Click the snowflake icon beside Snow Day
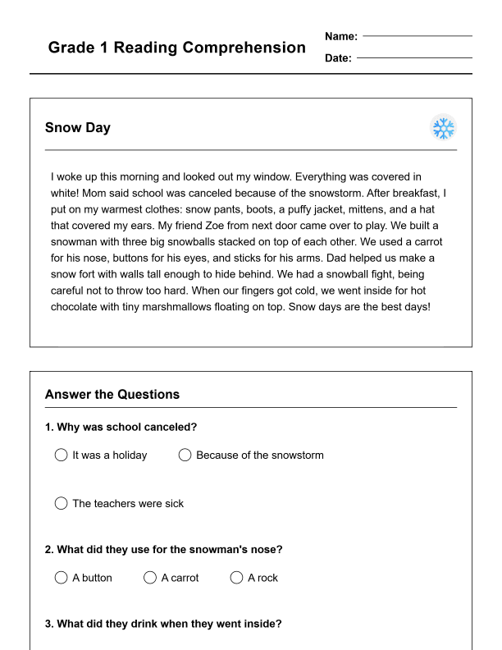(x=443, y=128)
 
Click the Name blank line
(x=418, y=36)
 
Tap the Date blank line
(x=414, y=58)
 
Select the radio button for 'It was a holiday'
(x=61, y=455)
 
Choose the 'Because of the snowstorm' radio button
(x=185, y=455)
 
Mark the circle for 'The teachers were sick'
(x=61, y=503)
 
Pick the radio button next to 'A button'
(x=61, y=578)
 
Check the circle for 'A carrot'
(x=150, y=578)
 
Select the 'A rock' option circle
(x=237, y=578)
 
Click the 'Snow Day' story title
(x=78, y=128)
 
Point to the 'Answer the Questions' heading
(x=112, y=395)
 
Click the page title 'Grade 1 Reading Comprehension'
(x=176, y=48)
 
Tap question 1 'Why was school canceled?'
(x=121, y=427)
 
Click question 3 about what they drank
(x=163, y=624)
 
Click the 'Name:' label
(x=341, y=36)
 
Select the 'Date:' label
(x=338, y=58)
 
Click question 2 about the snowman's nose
(x=163, y=550)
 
